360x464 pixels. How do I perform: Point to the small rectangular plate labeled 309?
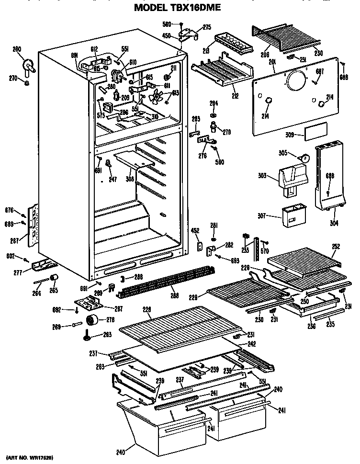pyautogui.click(x=316, y=130)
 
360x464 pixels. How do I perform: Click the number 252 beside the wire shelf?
pyautogui.click(x=336, y=246)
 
